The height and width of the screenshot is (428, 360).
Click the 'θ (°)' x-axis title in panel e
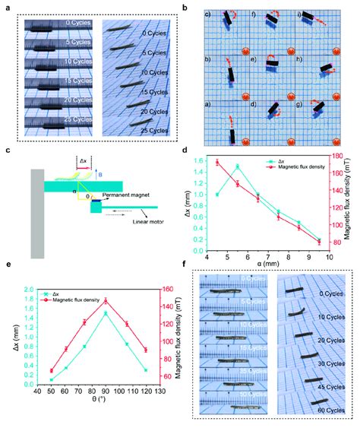point(106,403)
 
